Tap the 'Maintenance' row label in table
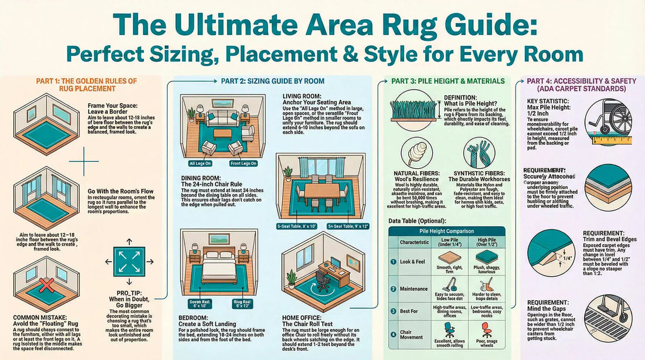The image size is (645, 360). pos(414,288)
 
